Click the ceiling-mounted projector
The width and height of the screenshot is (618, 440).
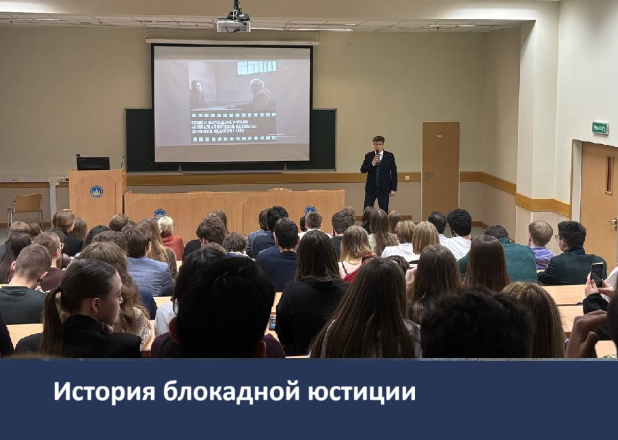(x=234, y=23)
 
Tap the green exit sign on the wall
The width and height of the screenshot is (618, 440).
(x=600, y=128)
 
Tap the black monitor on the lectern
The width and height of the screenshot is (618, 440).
(x=93, y=163)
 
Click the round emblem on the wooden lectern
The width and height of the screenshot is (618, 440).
(x=96, y=191)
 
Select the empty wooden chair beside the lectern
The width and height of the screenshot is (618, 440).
(x=26, y=206)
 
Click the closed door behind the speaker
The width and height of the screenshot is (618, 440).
(x=440, y=169)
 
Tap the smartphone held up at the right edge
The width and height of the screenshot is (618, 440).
(x=597, y=274)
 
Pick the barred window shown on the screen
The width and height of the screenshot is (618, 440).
(x=256, y=68)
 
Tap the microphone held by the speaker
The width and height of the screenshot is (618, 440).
(x=376, y=154)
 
